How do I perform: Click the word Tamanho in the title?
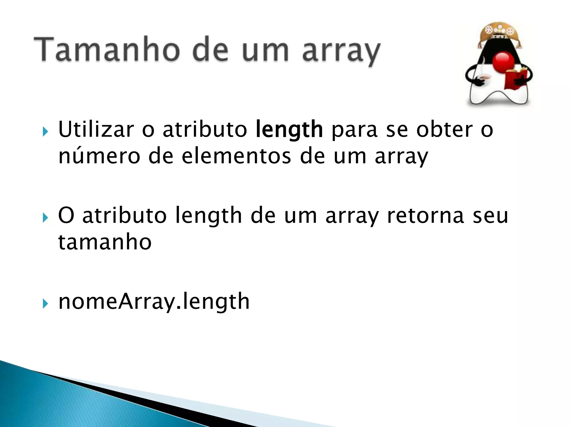(106, 50)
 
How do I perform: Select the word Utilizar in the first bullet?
(96, 130)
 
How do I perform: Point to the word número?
(99, 156)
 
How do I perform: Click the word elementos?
(237, 156)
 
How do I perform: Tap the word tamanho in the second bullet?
(105, 242)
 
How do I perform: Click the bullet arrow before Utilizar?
(45, 131)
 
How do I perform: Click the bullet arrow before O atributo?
(45, 218)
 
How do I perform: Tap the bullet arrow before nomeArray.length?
(45, 304)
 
